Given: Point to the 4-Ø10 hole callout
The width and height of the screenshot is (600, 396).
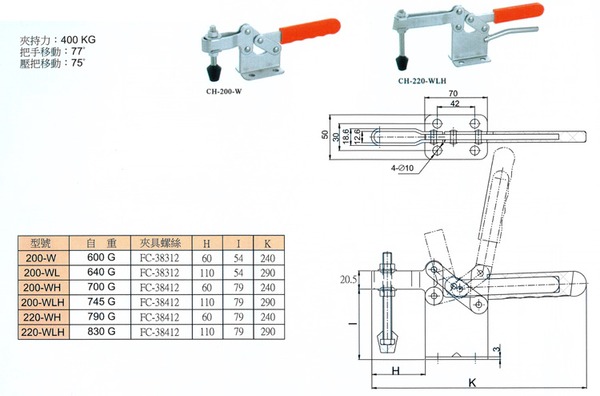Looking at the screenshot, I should (x=402, y=168).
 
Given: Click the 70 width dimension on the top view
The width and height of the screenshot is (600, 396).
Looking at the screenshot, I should (x=453, y=95).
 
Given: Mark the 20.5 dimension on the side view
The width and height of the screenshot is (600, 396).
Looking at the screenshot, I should (x=346, y=280).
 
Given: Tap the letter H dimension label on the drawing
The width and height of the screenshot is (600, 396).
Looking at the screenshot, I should (x=397, y=370).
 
